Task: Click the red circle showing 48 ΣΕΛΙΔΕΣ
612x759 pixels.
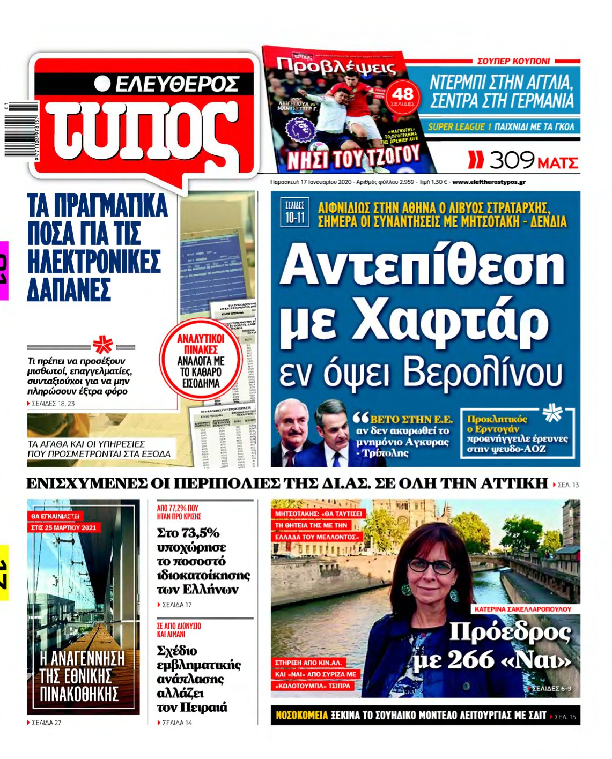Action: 402,96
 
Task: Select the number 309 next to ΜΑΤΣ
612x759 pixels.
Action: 512,160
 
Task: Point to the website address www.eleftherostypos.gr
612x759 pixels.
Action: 489,182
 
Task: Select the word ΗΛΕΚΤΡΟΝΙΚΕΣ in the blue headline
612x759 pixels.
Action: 94,262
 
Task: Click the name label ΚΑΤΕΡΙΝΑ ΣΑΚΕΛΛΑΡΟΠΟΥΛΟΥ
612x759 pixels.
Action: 523,609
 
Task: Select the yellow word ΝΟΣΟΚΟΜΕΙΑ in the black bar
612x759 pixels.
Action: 301,716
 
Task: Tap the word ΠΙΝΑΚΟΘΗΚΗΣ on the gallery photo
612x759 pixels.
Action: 79,694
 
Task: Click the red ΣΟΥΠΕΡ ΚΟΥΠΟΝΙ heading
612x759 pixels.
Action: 513,61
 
